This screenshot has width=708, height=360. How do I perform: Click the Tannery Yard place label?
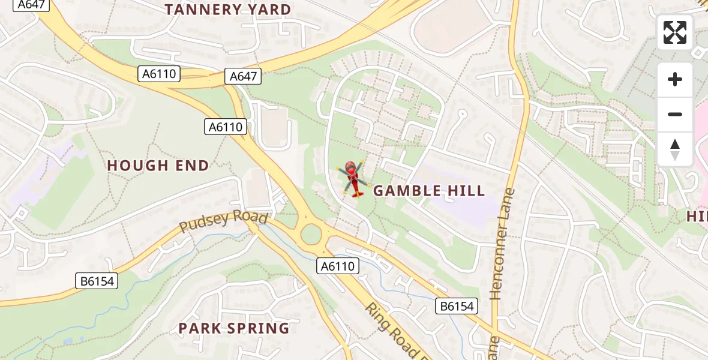coord(227,10)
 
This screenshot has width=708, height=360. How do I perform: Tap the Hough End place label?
coord(158,165)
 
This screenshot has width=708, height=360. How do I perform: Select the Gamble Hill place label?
coord(429,191)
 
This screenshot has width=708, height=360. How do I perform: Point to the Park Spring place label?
coord(234,328)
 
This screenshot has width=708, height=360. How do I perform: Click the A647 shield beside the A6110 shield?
coord(244,76)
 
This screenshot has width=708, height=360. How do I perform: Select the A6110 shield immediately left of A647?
coord(159,74)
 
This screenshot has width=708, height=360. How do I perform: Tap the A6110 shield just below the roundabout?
coord(338,266)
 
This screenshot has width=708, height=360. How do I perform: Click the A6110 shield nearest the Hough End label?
coord(226,127)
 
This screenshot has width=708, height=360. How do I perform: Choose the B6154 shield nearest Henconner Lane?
coord(457,306)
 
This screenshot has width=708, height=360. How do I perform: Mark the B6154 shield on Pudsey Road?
coord(97,281)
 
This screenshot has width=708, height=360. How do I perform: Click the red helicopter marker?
coord(354,179)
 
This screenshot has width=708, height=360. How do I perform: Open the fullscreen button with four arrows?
coord(675,32)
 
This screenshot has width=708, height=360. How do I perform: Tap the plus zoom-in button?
coord(675,79)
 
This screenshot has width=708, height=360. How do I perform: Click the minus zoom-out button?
coord(675,114)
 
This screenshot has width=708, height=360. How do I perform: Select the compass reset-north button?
coord(675,149)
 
